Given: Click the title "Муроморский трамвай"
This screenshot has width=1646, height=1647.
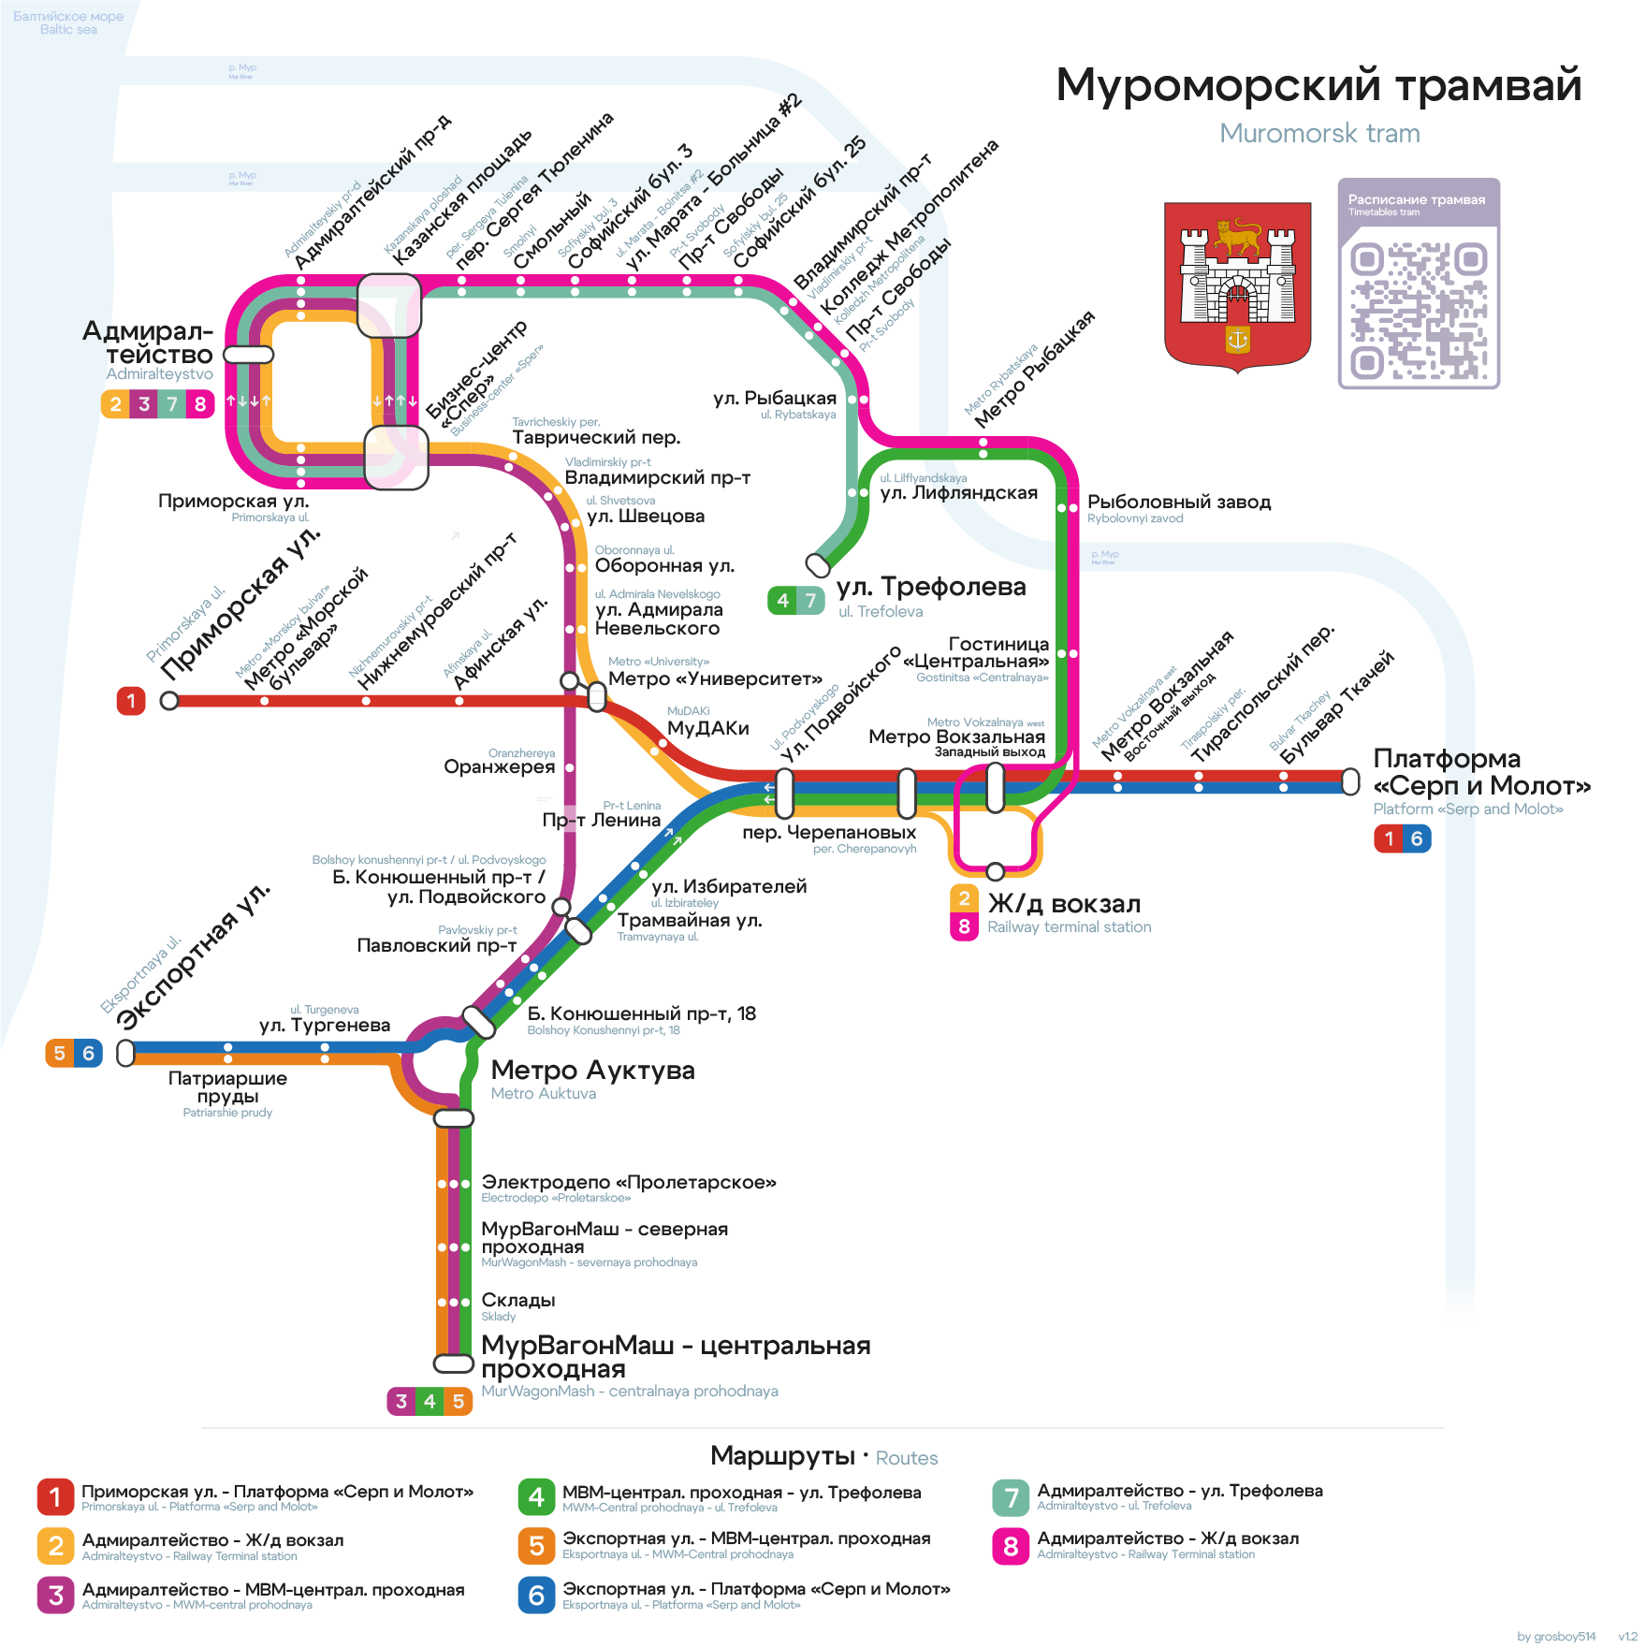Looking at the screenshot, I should pyautogui.click(x=1318, y=85).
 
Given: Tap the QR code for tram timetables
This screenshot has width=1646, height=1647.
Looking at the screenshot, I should pyautogui.click(x=1419, y=311).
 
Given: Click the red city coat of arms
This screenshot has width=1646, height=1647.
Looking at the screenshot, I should pyautogui.click(x=1237, y=286).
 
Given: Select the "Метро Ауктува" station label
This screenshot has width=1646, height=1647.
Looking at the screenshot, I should pyautogui.click(x=592, y=1071).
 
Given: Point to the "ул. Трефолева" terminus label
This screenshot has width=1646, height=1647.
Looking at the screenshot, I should pyautogui.click(x=931, y=588).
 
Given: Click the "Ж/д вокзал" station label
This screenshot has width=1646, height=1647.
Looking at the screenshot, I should pyautogui.click(x=1064, y=904).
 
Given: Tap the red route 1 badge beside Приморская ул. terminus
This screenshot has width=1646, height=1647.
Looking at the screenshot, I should pyautogui.click(x=131, y=701).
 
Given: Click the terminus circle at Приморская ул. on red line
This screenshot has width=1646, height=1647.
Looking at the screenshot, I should pyautogui.click(x=169, y=701).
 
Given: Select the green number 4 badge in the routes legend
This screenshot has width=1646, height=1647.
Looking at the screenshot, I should pyautogui.click(x=536, y=1497).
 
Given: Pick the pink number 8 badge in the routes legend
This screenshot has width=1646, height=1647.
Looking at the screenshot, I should pyautogui.click(x=1011, y=1546).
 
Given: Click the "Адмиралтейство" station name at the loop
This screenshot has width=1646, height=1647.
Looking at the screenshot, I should pyautogui.click(x=150, y=343).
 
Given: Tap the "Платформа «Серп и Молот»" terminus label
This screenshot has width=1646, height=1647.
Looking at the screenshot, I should pyautogui.click(x=1481, y=772).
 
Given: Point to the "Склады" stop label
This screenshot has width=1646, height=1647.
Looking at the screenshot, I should pyautogui.click(x=518, y=1301).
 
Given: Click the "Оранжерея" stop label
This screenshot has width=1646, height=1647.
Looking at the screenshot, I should pyautogui.click(x=499, y=767).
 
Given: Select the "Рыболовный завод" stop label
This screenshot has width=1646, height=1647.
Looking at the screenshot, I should pyautogui.click(x=1178, y=503).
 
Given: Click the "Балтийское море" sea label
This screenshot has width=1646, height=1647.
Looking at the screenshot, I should pyautogui.click(x=68, y=17).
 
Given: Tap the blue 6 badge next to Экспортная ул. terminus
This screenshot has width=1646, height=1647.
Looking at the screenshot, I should pyautogui.click(x=89, y=1054).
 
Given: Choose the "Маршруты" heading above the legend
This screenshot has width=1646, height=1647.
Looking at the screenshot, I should pyautogui.click(x=782, y=1456).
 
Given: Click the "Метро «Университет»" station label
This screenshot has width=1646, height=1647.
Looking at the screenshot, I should pyautogui.click(x=715, y=679).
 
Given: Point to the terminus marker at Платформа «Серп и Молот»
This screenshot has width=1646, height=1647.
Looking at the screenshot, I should pyautogui.click(x=1350, y=781).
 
